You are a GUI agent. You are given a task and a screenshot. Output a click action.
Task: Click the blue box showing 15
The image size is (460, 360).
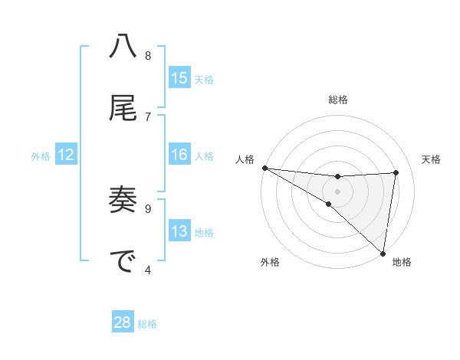(x=179, y=78)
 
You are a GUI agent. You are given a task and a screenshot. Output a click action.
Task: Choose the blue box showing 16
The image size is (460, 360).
(x=179, y=155)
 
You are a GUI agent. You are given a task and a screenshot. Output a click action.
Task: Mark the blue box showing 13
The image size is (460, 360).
(x=179, y=231)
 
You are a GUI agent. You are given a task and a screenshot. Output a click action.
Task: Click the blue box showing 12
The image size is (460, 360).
(x=66, y=155)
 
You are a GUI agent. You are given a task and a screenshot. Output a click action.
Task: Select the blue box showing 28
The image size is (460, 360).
(x=123, y=322)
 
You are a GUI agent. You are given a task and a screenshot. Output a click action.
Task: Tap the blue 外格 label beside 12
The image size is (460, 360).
(x=41, y=155)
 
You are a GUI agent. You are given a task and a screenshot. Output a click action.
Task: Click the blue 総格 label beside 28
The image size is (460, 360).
(x=147, y=323)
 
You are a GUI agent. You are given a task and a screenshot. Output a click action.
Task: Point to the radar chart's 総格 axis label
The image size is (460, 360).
(x=337, y=100)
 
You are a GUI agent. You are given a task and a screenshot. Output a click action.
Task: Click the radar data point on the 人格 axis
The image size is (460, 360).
(x=264, y=167)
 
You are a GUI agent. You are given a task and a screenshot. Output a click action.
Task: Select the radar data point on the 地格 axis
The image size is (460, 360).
(x=383, y=253)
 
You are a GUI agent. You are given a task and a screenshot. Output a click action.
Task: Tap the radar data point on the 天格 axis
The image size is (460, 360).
(x=396, y=172)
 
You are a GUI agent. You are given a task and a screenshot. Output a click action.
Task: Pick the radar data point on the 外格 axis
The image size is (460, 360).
(x=328, y=204)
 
